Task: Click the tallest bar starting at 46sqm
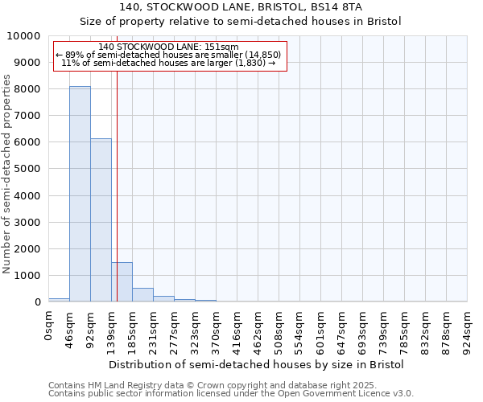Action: [x=80, y=194]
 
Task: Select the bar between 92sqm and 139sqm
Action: [x=101, y=220]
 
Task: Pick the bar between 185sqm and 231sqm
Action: [x=142, y=294]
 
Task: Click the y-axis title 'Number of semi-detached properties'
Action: [x=7, y=174]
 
